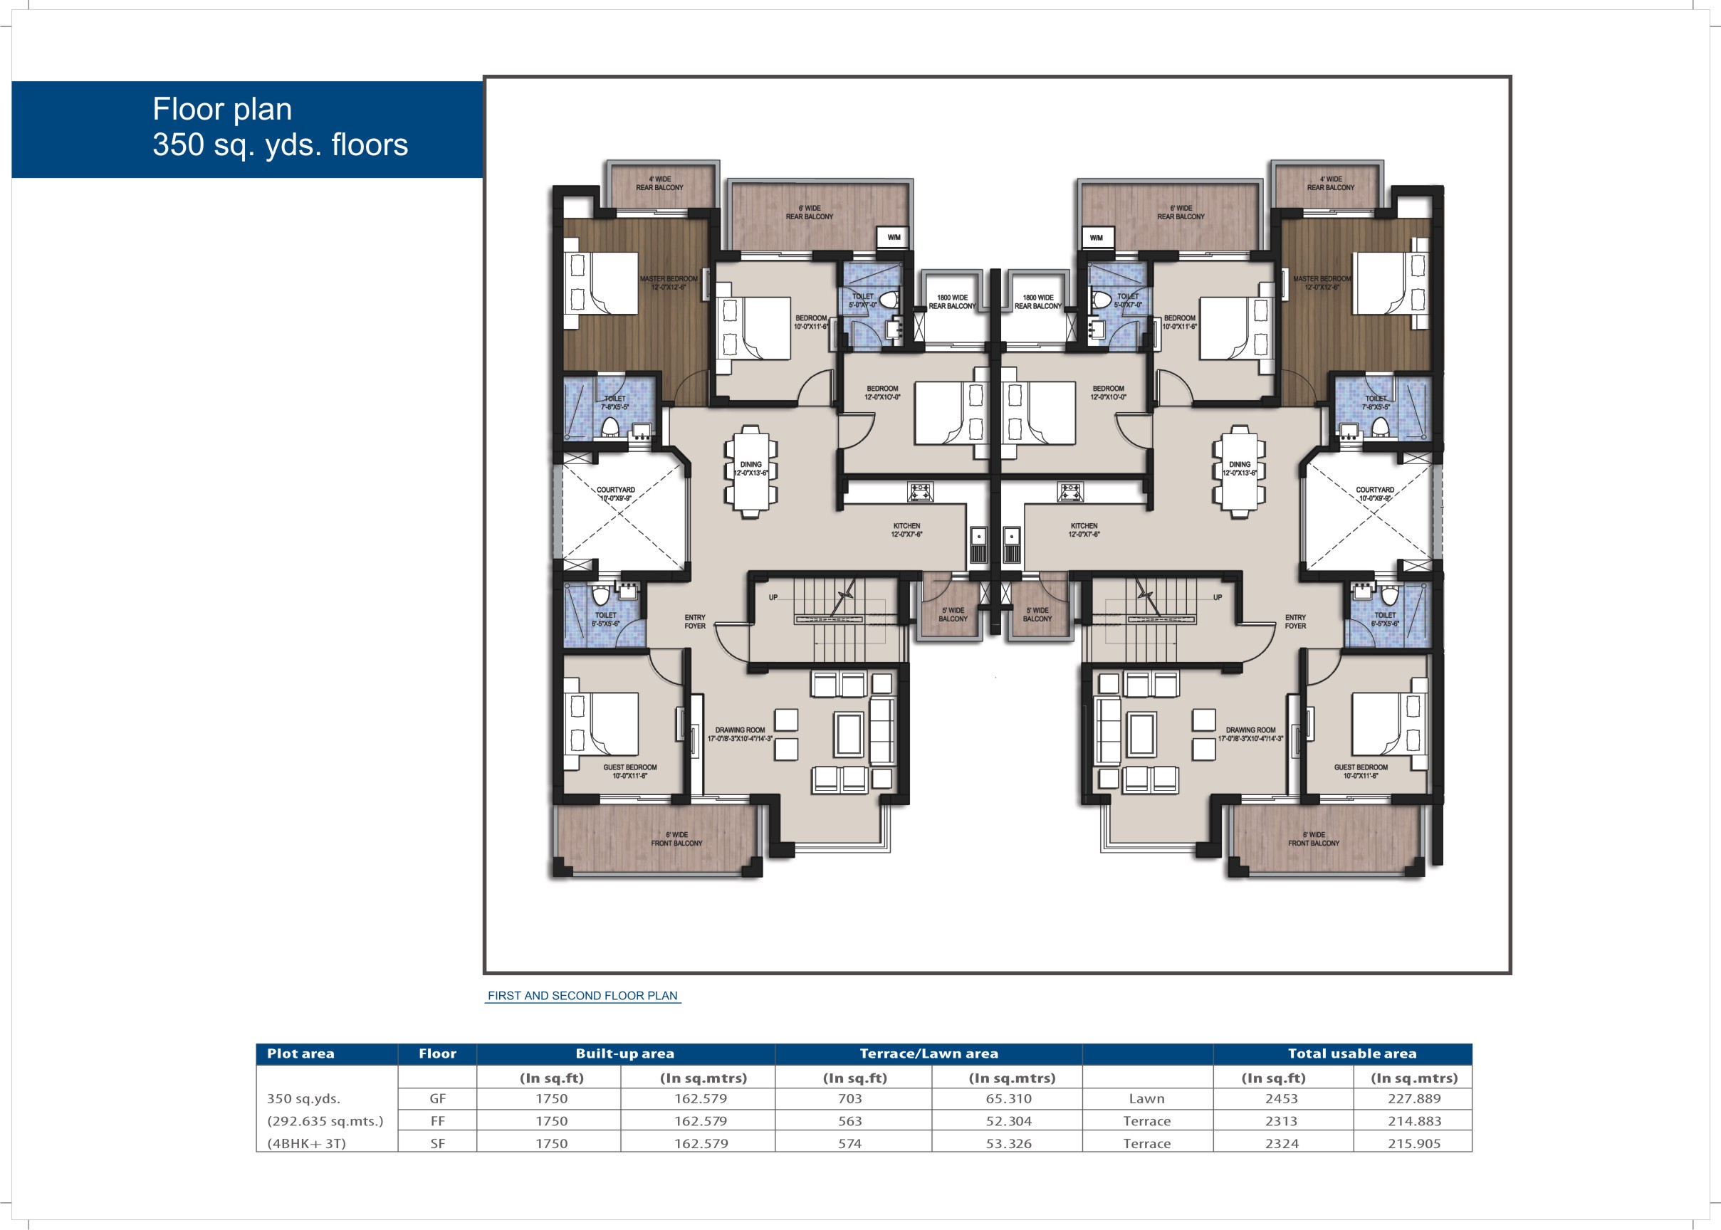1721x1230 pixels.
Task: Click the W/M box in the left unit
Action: click(894, 237)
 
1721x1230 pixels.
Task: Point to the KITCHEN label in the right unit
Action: click(1084, 530)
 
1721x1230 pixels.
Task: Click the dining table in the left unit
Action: click(750, 471)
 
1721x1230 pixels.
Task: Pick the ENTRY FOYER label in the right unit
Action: click(1295, 622)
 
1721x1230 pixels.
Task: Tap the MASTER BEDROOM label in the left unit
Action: click(668, 283)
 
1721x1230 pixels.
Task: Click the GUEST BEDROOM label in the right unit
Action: click(1361, 771)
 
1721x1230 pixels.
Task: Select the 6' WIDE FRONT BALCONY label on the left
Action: click(676, 839)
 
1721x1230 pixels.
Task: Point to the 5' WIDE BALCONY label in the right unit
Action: click(1037, 614)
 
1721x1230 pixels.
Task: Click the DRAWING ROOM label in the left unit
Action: click(740, 734)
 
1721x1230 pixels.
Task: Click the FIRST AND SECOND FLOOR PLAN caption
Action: click(582, 995)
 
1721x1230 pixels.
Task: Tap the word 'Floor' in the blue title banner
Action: click(187, 109)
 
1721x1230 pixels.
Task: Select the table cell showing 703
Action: click(850, 1098)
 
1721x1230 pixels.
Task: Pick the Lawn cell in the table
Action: click(1146, 1098)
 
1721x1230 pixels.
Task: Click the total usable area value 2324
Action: click(1282, 1144)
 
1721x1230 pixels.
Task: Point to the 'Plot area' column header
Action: click(300, 1053)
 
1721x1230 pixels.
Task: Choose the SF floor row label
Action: click(437, 1144)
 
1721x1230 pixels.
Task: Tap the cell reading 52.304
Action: click(1008, 1121)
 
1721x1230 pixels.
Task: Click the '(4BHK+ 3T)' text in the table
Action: click(306, 1144)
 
